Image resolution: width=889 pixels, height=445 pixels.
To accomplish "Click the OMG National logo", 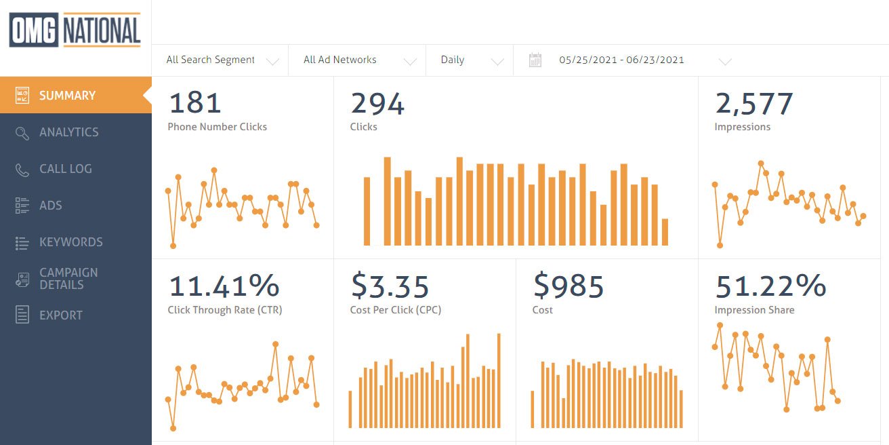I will pos(75,31).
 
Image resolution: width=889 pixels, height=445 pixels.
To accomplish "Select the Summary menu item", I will pos(67,96).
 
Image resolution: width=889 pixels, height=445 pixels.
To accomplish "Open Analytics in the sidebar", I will pos(68,132).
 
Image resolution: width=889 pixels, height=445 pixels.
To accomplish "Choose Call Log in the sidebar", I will pos(65,169).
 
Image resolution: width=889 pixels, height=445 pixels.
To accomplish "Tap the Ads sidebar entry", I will pos(50,206).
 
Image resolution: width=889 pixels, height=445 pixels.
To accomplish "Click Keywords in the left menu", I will pos(70,242).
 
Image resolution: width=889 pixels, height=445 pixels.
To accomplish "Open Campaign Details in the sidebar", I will pos(68,279).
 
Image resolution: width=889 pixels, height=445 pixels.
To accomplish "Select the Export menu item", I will pos(60,315).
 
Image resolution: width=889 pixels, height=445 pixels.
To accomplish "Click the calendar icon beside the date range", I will pos(535,60).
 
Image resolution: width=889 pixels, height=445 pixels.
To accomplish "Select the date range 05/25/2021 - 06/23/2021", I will pos(621,60).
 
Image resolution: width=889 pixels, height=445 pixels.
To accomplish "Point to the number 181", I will pos(195,104).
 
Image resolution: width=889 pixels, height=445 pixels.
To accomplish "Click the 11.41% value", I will pos(224,286).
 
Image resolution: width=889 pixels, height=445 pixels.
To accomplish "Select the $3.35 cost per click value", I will pos(390,286).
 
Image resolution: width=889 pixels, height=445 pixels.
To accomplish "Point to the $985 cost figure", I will pos(568,286).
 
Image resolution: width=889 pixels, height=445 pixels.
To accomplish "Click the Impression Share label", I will pos(754,310).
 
